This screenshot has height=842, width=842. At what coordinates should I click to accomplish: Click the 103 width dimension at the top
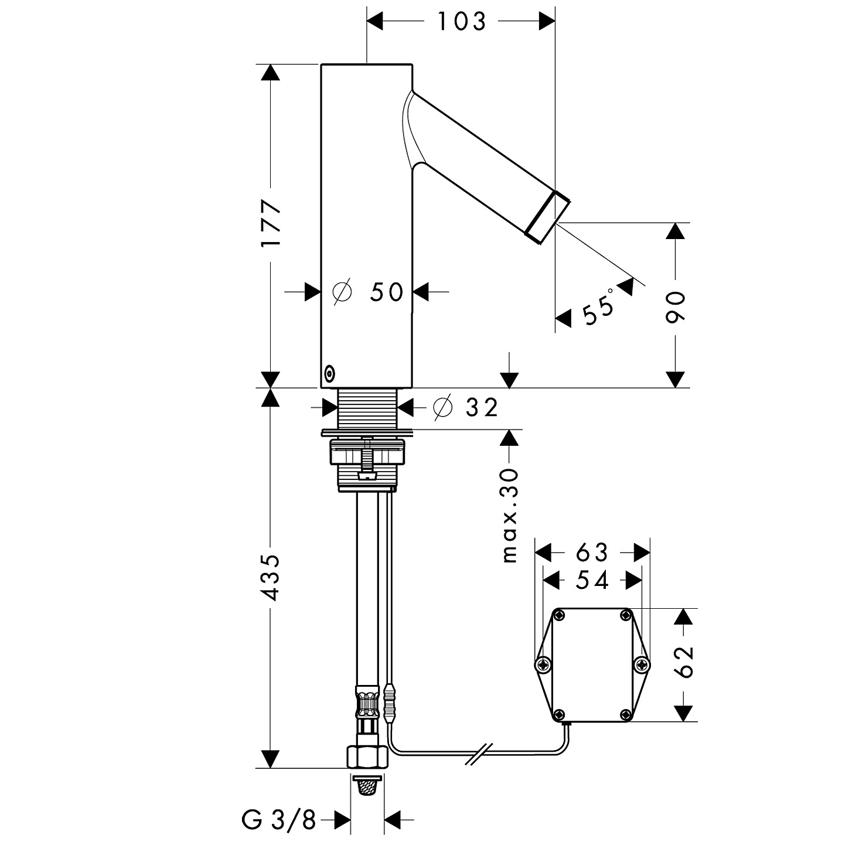coord(462,22)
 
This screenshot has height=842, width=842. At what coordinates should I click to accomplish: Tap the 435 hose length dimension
coord(271,577)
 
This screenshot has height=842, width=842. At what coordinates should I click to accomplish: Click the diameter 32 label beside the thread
coord(466,407)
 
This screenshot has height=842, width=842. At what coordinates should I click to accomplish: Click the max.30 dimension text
coord(510,515)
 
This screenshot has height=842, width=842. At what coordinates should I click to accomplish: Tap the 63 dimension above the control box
coord(592,552)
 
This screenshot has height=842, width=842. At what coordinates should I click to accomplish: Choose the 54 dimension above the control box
coord(592,580)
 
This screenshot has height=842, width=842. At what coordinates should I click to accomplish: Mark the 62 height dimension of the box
coord(683,662)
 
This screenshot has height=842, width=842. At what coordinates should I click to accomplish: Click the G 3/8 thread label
coord(279,820)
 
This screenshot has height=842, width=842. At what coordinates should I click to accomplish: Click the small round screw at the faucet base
coord(329,372)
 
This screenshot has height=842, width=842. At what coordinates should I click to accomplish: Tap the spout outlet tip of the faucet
coord(548,216)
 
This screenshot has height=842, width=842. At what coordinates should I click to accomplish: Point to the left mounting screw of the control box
coord(543,664)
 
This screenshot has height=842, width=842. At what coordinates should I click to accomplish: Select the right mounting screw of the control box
coord(642,664)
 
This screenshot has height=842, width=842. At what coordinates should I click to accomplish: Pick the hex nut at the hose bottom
coord(368,757)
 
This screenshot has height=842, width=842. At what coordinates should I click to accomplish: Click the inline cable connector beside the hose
coord(390,702)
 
